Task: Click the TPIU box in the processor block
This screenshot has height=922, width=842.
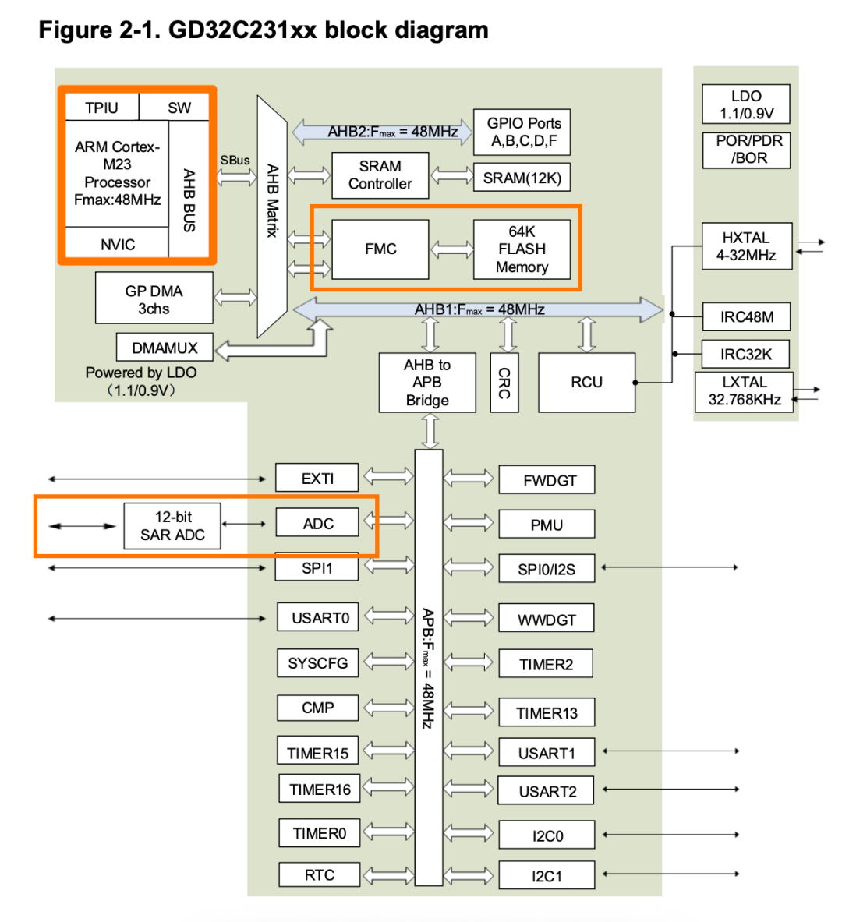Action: [101, 108]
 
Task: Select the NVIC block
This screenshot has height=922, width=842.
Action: [117, 244]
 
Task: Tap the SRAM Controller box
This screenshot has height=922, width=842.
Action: [380, 175]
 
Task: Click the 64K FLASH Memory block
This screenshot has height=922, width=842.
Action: [522, 249]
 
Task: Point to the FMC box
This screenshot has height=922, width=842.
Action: [380, 249]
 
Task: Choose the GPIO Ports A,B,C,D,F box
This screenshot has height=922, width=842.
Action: [523, 132]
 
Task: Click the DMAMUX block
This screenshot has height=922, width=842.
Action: [165, 348]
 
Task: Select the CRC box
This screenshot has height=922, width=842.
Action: [504, 382]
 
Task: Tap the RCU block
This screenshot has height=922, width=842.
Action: [586, 382]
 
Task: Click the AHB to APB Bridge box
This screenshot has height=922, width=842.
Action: [426, 382]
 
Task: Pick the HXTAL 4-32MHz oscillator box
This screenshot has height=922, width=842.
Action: [746, 246]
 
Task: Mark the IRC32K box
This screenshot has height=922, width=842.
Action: [746, 354]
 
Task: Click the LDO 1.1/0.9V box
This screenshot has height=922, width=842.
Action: [746, 104]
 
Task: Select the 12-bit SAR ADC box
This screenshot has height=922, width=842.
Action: [172, 526]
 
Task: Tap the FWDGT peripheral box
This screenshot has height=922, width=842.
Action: [547, 480]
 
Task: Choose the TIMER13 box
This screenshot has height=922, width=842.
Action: [547, 712]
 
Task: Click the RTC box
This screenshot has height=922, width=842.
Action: [319, 874]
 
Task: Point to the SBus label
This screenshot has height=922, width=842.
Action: [235, 160]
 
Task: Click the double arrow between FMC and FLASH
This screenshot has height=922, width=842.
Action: [451, 249]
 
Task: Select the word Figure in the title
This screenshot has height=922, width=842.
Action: [76, 30]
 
